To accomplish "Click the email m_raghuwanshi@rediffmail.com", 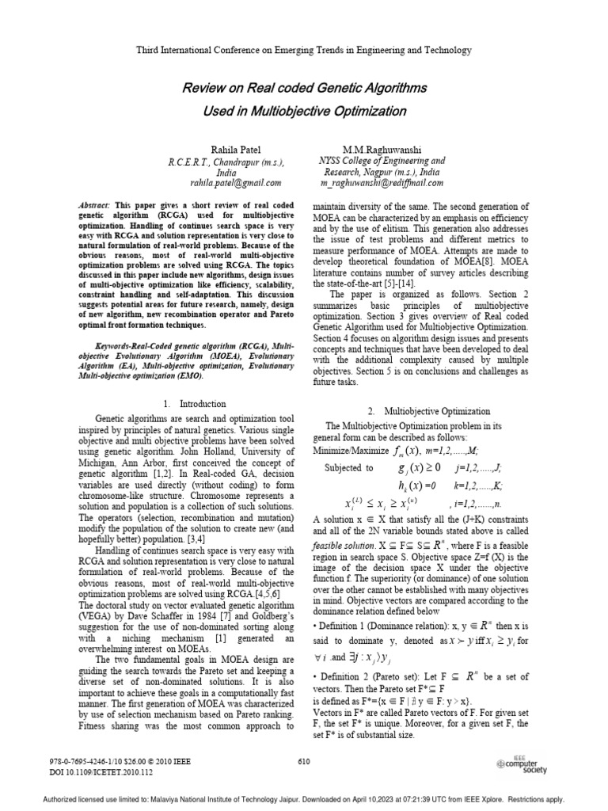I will (381, 184).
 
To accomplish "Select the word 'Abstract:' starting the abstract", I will (100, 204).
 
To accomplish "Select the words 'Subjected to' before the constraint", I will (349, 468).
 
